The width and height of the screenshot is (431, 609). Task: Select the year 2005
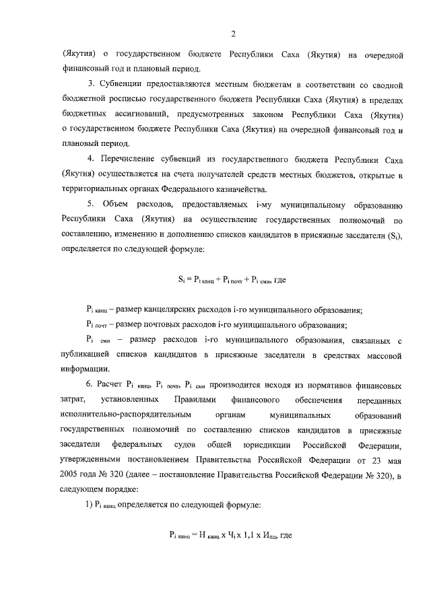[x=70, y=474]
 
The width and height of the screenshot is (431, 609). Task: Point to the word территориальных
[x=100, y=189]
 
